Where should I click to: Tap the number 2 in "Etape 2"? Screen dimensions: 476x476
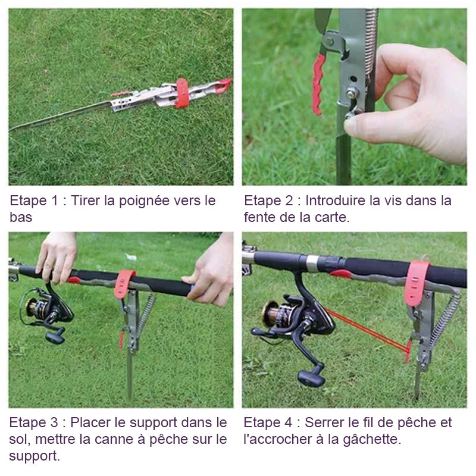(x=289, y=201)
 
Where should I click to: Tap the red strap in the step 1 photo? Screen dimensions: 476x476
(x=182, y=93)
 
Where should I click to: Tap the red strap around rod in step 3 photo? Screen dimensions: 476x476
(x=124, y=284)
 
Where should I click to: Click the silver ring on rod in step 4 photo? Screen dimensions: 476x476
(x=312, y=264)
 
